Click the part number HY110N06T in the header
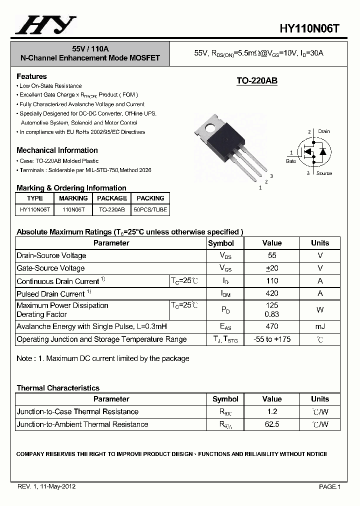(310, 28)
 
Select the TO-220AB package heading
(256, 81)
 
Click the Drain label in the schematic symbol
(323, 131)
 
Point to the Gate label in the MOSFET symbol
(290, 161)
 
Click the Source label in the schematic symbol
(324, 173)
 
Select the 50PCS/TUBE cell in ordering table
(150, 210)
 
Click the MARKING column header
(73, 198)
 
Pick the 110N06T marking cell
(73, 210)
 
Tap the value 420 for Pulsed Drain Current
(271, 293)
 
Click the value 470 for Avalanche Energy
(271, 326)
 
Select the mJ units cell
(320, 326)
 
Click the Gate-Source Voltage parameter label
(50, 268)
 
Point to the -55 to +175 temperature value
(271, 339)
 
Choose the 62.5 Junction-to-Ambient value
(271, 424)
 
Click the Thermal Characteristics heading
(58, 388)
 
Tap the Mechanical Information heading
(57, 150)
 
